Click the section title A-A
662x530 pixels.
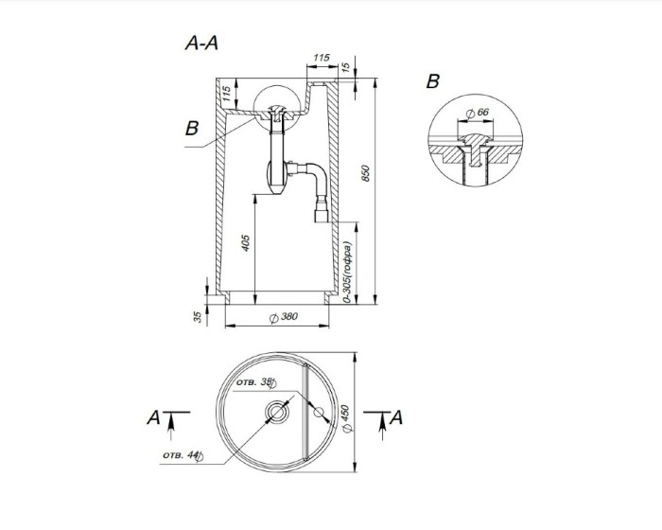tap(202, 44)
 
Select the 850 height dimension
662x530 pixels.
tap(365, 174)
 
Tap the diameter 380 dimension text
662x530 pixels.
tap(281, 317)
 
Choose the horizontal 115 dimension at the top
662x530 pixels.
tap(321, 59)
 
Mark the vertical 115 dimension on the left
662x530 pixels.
tap(228, 95)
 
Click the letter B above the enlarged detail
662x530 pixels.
tap(433, 81)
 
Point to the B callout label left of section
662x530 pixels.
tap(192, 129)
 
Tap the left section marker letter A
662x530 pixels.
tap(152, 415)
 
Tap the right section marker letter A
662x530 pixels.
tap(397, 415)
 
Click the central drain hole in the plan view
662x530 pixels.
tap(279, 413)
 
